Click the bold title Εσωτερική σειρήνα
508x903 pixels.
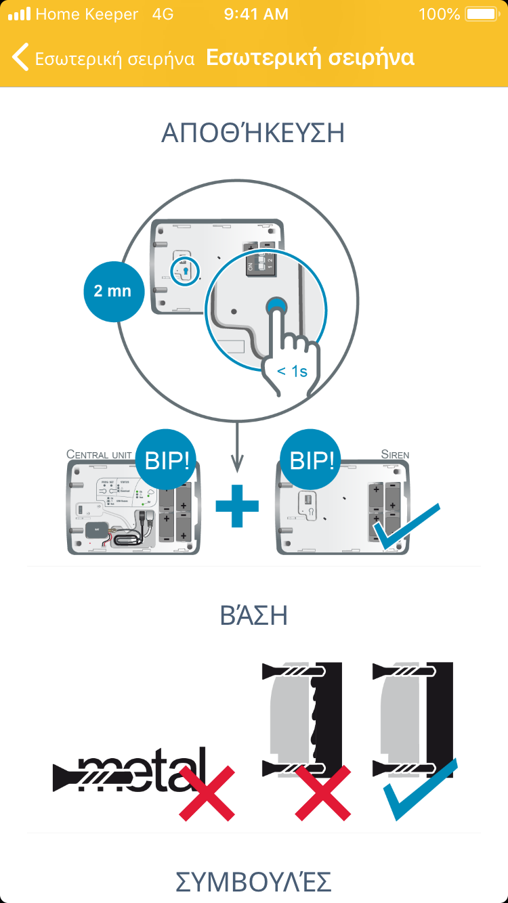pyautogui.click(x=310, y=58)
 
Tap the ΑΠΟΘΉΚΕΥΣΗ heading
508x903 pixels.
pyautogui.click(x=253, y=133)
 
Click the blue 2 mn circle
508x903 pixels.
pyautogui.click(x=113, y=292)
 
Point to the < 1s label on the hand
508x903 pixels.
pyautogui.click(x=293, y=371)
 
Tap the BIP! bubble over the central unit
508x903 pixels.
pyautogui.click(x=167, y=462)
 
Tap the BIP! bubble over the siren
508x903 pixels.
pyautogui.click(x=312, y=462)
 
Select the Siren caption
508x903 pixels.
pyautogui.click(x=395, y=454)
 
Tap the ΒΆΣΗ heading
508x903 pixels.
pyautogui.click(x=254, y=616)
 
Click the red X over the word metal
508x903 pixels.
pyautogui.click(x=207, y=793)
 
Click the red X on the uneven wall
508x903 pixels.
pyautogui.click(x=322, y=793)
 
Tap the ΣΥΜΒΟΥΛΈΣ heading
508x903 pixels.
pyautogui.click(x=253, y=882)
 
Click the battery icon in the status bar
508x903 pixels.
pyautogui.click(x=482, y=14)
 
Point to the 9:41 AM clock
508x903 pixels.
pyautogui.click(x=256, y=14)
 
